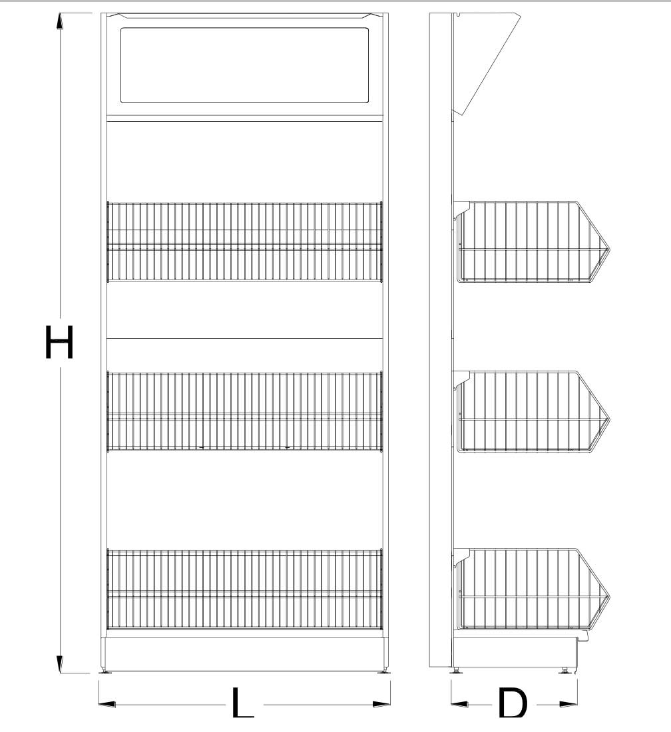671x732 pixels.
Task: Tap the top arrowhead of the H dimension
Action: (60, 22)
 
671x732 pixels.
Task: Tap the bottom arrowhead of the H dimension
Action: (60, 664)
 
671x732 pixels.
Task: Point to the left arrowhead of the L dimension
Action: (107, 703)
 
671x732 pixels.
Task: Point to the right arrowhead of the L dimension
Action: (381, 703)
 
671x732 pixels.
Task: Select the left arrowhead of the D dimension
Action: (459, 703)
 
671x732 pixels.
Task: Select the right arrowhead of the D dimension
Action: (568, 703)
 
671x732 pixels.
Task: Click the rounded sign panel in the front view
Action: (245, 65)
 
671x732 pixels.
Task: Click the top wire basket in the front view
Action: (245, 242)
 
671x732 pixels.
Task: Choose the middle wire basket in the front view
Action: (245, 411)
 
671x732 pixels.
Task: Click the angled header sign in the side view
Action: (486, 64)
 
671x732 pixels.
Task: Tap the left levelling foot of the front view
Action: (107, 671)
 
